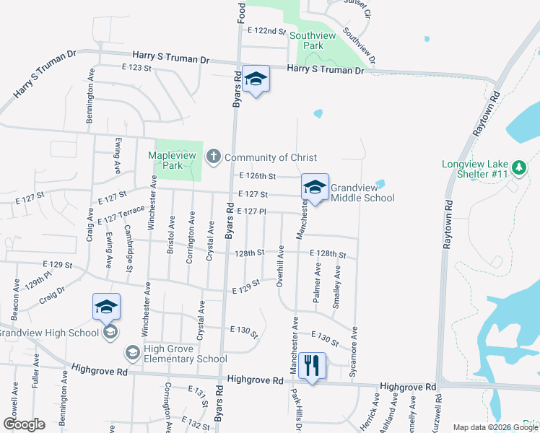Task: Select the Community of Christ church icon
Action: [x=213, y=157]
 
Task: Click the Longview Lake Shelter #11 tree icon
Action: [x=518, y=168]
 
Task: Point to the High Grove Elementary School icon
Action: [x=133, y=352]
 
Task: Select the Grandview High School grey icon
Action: [x=110, y=331]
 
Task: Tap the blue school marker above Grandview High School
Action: [x=106, y=307]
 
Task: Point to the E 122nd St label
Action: [x=266, y=31]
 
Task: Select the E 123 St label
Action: [x=136, y=68]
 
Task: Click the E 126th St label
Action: [x=257, y=176]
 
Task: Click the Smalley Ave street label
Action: [x=336, y=287]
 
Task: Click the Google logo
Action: [x=24, y=424]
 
